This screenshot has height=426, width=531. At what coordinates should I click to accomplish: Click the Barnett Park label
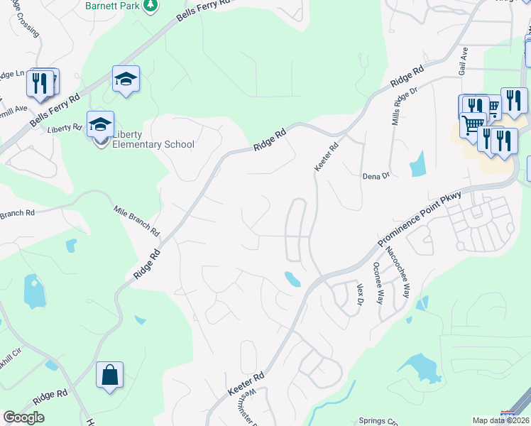pos(113,5)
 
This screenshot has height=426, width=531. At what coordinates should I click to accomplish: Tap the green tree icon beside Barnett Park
pos(150,6)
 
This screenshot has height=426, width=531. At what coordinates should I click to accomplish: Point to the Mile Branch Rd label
pos(137,221)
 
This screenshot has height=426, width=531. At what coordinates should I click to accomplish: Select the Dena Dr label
pos(376,175)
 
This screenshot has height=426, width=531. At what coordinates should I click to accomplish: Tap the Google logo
pos(24,417)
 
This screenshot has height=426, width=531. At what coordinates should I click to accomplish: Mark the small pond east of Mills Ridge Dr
pos(417,164)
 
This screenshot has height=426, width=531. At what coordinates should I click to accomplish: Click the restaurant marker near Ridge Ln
pos(40,83)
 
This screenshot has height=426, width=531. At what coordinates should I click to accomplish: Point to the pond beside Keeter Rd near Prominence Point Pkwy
pos(292,278)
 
